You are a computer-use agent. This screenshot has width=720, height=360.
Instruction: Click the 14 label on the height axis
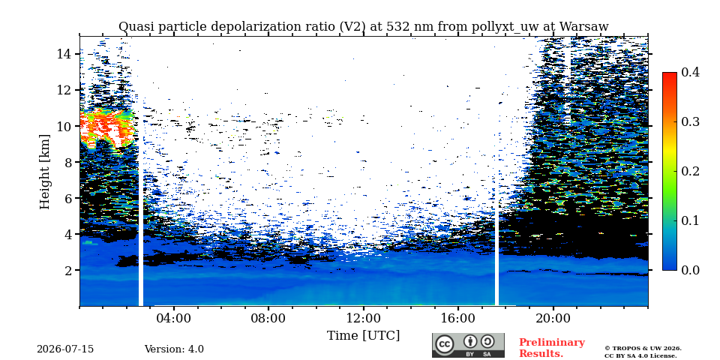64,54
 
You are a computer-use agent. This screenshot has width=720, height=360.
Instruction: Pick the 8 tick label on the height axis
67,162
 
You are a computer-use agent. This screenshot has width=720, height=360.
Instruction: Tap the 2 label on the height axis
67,270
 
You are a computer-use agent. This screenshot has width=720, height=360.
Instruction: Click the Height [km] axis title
44,172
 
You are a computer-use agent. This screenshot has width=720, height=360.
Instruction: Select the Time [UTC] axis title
363,336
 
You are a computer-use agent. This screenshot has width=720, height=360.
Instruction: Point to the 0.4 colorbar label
691,72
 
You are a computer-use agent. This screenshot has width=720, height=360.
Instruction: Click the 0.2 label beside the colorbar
691,171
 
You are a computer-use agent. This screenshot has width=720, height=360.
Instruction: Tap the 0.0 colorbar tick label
691,270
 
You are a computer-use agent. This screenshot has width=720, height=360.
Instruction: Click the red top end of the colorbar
670,74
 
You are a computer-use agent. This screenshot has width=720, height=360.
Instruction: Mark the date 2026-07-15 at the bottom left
65,349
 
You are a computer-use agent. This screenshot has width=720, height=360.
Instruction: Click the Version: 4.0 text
174,349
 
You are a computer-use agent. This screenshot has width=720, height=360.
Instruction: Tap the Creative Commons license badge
468,345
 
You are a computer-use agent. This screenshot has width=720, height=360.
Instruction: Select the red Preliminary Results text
552,348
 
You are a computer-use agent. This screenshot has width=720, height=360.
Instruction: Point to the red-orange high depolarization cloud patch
107,128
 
